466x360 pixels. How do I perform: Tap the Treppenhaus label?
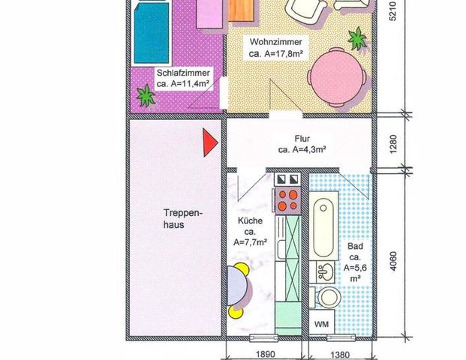[x=173, y=217]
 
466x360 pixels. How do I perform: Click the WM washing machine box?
[x=321, y=323]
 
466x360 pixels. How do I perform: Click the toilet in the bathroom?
[x=328, y=296]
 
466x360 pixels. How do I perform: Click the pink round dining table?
[x=337, y=73]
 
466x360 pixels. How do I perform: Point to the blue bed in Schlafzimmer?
[x=155, y=34]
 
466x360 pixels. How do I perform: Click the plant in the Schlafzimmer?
[x=144, y=95]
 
